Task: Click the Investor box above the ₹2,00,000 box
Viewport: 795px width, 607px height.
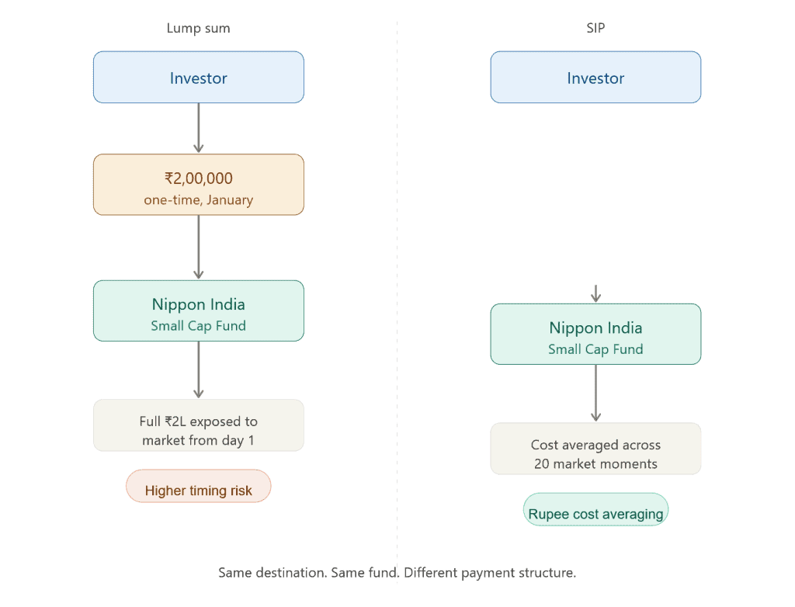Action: pos(199,78)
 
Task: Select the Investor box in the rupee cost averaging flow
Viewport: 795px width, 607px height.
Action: pos(595,78)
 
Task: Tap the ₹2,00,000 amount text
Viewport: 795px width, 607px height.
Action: pos(199,177)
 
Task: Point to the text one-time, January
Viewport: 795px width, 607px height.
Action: pos(199,199)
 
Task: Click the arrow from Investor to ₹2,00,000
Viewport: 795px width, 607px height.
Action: pos(199,128)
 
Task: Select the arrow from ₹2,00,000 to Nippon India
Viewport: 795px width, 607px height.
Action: pos(199,247)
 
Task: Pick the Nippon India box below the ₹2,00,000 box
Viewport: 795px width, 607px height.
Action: pos(199,310)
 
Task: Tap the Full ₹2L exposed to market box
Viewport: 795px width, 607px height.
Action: pos(199,425)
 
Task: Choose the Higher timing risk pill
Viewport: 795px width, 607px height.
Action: pos(199,487)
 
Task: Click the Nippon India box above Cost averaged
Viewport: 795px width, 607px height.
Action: pos(595,334)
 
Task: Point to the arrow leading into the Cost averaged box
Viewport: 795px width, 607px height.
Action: pos(595,393)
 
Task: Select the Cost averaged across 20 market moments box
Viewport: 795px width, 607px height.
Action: pos(595,449)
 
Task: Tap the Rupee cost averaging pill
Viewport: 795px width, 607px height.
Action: pos(595,510)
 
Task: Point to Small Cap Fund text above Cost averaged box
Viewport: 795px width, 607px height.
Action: pos(595,349)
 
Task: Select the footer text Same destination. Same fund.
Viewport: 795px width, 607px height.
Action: pos(311,574)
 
